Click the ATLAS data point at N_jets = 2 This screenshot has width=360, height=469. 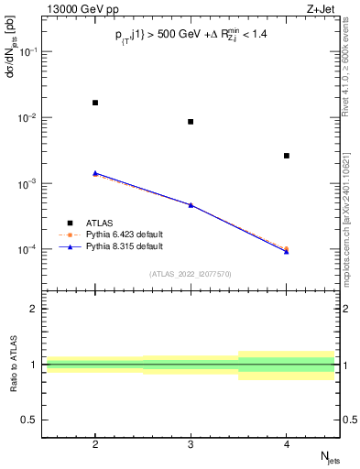95,103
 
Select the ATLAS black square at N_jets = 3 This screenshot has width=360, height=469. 191,122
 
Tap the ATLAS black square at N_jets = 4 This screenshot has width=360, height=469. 287,156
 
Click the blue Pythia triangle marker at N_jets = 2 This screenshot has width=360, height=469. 95,172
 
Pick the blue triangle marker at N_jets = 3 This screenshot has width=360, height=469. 191,204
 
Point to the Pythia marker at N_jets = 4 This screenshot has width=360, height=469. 287,250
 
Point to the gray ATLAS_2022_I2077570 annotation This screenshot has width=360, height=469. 191,274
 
